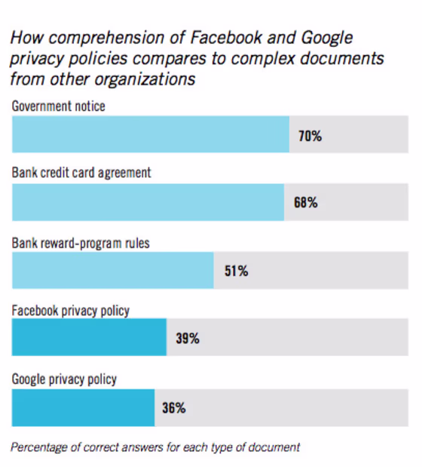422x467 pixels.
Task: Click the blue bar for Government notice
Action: (151, 134)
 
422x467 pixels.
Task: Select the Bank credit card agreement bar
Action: (148, 202)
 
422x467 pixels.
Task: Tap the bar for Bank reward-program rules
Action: (113, 270)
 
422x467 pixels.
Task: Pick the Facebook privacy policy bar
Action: (89, 337)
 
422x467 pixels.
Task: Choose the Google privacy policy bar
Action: (84, 407)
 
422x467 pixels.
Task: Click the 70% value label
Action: (310, 136)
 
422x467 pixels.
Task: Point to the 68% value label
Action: (306, 202)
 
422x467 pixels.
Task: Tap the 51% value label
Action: (236, 271)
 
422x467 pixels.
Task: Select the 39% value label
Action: (188, 338)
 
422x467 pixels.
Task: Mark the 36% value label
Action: (174, 407)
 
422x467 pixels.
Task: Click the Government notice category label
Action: (58, 106)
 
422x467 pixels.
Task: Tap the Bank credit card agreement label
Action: (81, 173)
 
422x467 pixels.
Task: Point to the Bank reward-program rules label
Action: (81, 243)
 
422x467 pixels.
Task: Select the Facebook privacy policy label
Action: (71, 311)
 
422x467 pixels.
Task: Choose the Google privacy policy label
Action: (64, 379)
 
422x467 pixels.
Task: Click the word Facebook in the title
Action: (226, 38)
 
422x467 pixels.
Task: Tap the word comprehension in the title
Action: (106, 38)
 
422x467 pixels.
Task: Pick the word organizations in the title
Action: (145, 80)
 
